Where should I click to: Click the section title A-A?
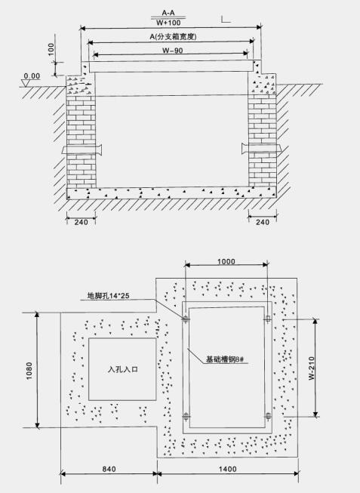(x=168, y=13)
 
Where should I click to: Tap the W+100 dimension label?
(x=168, y=23)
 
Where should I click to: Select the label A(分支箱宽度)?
(x=173, y=37)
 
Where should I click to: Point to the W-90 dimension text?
(x=173, y=51)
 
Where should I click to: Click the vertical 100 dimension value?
(x=51, y=49)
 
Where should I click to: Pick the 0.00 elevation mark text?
(x=32, y=76)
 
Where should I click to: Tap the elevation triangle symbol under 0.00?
(x=25, y=83)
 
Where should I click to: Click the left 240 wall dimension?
(x=81, y=222)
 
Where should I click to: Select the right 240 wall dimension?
(x=263, y=222)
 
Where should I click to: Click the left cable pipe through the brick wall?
(x=82, y=149)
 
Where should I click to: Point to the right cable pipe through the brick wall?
(x=260, y=148)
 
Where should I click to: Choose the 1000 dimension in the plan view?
(x=226, y=261)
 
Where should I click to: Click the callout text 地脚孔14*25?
(x=108, y=295)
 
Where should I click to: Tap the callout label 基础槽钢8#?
(x=225, y=359)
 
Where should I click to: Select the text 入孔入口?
(x=123, y=369)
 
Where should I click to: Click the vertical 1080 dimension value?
(x=29, y=371)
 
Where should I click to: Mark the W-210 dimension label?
(x=312, y=368)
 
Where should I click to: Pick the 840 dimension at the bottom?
(x=109, y=469)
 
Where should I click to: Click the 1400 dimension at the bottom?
(x=228, y=469)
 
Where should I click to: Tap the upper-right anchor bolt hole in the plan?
(x=268, y=319)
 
